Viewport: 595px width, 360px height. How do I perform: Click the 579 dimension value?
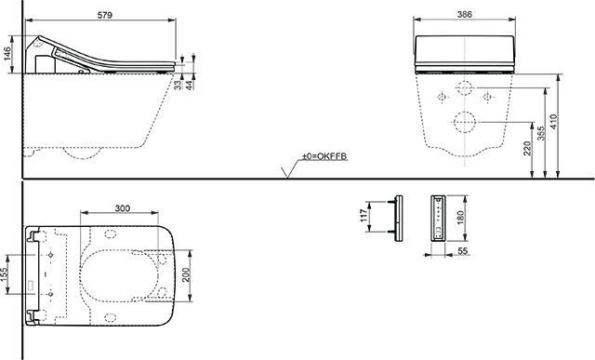[105, 15]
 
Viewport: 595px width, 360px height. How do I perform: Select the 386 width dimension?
[464, 14]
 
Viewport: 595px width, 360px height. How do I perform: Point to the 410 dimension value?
[553, 122]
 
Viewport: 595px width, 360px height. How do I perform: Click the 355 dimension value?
[541, 133]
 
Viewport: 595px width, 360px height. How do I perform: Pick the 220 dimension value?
[528, 149]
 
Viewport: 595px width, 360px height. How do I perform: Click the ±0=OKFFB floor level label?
[324, 156]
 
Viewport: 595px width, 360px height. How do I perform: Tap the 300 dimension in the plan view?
[122, 208]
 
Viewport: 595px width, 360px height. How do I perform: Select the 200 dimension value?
[186, 275]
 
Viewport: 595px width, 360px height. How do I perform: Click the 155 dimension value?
[4, 275]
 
